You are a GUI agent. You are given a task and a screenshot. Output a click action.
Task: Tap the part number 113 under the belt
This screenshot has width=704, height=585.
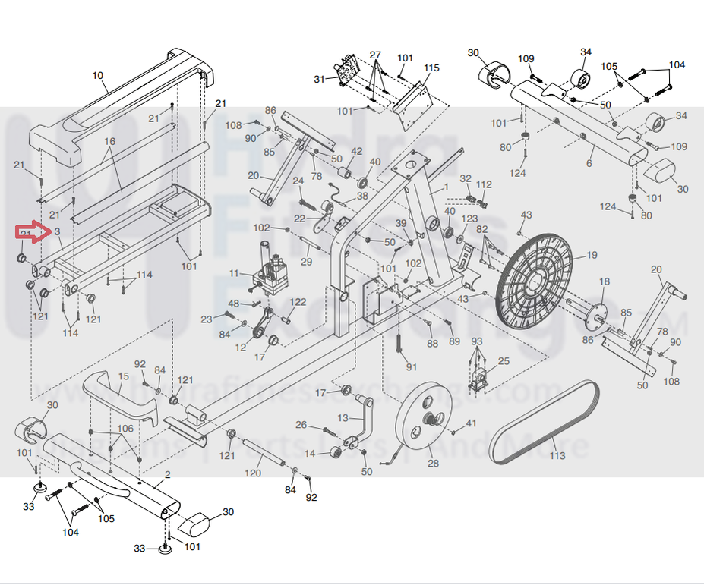click(558, 456)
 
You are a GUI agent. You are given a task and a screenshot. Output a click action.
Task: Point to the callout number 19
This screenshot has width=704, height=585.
click(592, 255)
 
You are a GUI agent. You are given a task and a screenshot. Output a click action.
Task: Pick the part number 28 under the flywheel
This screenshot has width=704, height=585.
click(433, 464)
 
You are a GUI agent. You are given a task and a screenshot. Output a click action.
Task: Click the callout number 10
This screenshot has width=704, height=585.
click(97, 75)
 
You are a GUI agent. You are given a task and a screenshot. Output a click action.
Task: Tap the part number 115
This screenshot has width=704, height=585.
click(431, 69)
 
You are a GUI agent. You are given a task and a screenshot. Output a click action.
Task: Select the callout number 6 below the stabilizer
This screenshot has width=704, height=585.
click(589, 163)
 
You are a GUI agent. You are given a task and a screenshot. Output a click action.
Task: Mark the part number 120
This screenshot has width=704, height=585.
click(253, 473)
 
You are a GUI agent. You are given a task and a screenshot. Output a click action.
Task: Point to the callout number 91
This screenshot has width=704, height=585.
click(412, 367)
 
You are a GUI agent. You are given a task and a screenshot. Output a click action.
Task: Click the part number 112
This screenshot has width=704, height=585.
click(484, 184)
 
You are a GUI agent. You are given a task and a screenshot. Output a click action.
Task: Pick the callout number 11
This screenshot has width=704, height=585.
click(234, 273)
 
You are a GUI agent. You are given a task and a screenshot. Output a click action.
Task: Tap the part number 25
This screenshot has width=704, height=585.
click(504, 361)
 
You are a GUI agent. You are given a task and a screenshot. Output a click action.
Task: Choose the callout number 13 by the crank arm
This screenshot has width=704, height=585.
click(343, 418)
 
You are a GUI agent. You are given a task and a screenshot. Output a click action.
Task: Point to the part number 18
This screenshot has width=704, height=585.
click(604, 281)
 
